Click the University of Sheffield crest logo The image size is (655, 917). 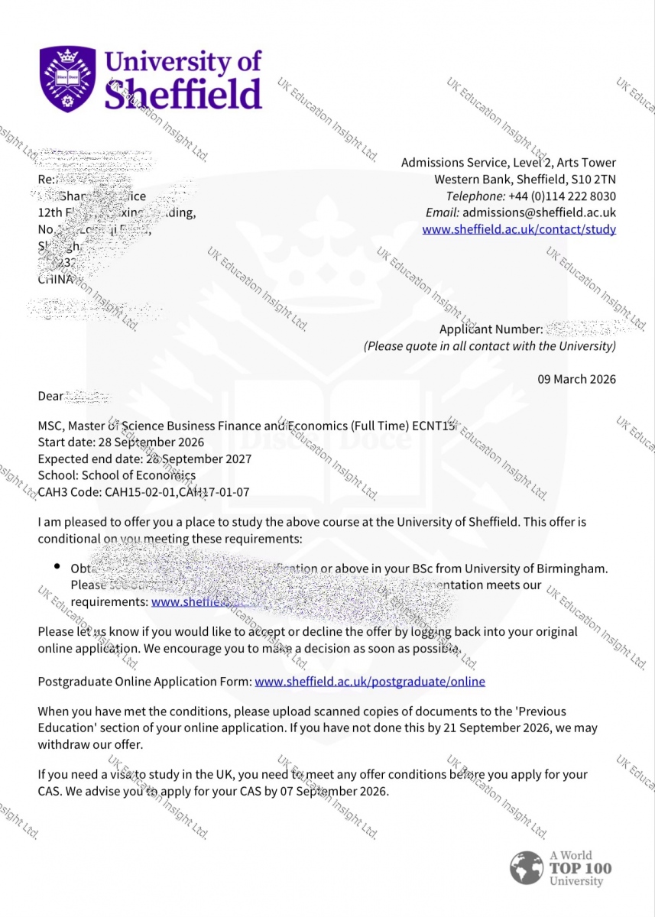coord(68,79)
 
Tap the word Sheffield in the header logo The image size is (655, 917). coord(183,96)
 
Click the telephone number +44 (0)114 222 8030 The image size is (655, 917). coord(562,196)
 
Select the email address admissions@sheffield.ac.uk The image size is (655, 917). coord(539,212)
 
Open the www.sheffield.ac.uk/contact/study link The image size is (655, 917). coord(519,229)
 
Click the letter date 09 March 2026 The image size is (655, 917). coord(576,379)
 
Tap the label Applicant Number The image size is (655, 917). coord(491,329)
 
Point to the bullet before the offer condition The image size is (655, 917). coord(57,566)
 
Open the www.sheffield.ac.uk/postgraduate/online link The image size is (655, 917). coord(370,681)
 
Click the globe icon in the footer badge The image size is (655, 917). coord(527,868)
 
